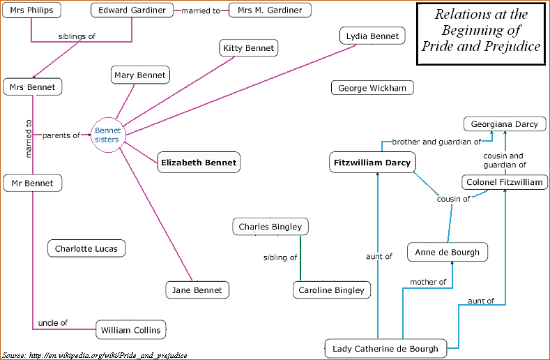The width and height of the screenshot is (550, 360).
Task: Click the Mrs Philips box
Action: (x=32, y=10)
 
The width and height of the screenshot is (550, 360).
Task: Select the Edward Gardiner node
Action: (x=132, y=10)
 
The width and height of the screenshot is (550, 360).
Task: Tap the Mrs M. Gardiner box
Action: (x=270, y=10)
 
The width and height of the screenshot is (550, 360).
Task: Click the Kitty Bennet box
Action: (x=249, y=48)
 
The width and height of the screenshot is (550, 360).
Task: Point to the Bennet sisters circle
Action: (x=107, y=135)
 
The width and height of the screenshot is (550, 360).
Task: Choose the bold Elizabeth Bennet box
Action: (x=199, y=163)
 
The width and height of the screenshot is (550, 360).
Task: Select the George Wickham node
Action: (x=372, y=88)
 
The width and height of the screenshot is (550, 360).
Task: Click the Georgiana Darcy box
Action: (x=504, y=124)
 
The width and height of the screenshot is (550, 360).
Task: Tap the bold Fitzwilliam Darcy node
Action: (x=373, y=163)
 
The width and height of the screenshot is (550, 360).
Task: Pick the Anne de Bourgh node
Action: (x=447, y=252)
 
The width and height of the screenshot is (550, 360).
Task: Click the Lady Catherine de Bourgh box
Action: (x=385, y=348)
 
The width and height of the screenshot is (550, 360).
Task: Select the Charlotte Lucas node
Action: (x=86, y=248)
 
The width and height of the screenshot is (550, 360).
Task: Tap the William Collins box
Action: (x=130, y=329)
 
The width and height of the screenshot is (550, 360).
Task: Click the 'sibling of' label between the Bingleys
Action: (x=280, y=257)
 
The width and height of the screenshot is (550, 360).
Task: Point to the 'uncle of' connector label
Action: (x=53, y=322)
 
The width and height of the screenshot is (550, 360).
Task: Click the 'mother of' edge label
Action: (x=429, y=282)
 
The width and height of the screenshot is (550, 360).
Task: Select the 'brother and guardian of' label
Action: (x=436, y=142)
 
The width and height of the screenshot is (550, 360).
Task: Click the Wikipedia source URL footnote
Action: (x=95, y=355)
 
